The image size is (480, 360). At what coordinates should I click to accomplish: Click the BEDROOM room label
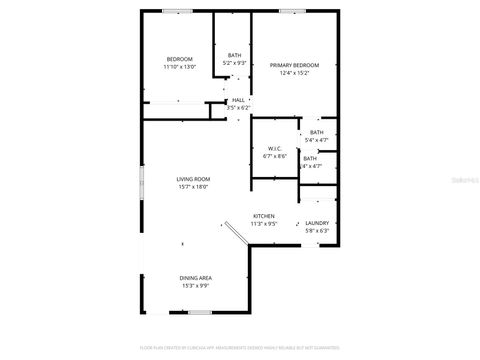coord(180,59)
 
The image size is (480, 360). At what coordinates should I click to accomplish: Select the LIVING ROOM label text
coord(193,179)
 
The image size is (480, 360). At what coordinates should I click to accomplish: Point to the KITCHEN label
coord(264,216)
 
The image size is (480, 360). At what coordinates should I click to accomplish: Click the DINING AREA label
coord(195,278)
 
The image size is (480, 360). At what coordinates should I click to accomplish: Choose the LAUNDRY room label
coord(317,223)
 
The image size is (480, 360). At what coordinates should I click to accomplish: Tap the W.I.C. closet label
coord(275,149)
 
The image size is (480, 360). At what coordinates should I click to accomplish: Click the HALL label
coord(238,100)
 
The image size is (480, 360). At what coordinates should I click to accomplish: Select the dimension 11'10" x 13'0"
coord(180,67)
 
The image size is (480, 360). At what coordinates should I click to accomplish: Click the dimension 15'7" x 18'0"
coord(193,187)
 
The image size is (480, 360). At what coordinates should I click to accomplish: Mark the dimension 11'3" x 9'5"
coord(264,224)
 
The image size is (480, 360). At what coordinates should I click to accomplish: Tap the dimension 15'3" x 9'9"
coord(195,286)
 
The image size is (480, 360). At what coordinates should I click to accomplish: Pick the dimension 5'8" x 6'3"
coord(317,231)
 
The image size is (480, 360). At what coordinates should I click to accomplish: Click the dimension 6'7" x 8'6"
coord(275,157)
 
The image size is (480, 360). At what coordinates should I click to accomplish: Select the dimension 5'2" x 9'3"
coord(234,63)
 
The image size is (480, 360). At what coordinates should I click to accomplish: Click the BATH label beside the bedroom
coord(234,55)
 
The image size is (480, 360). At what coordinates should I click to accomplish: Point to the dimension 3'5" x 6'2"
coord(238,108)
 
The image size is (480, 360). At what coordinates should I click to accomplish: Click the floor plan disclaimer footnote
coord(239,347)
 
